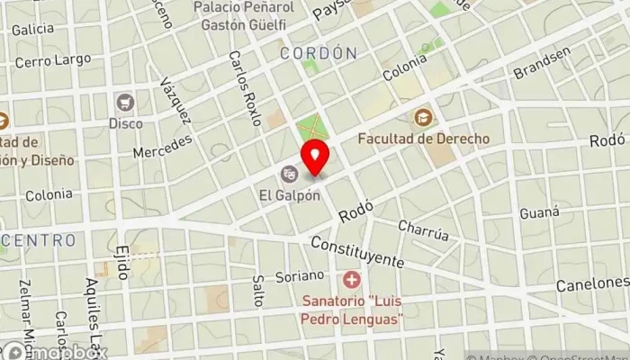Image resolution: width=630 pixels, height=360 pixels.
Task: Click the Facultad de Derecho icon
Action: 423,117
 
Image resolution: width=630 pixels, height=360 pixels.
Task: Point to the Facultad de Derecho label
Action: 423,139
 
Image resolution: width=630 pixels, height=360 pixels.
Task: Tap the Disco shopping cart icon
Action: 125,101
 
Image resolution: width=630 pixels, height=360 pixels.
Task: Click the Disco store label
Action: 125,122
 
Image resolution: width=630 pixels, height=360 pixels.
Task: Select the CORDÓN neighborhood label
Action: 319,54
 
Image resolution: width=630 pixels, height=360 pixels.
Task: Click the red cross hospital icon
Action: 351,280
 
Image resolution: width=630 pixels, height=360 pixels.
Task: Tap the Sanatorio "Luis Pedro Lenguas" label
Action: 351,311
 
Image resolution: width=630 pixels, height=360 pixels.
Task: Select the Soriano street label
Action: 304,275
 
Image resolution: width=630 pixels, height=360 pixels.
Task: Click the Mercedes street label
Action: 163,147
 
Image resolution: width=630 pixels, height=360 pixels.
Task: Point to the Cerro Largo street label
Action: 53,60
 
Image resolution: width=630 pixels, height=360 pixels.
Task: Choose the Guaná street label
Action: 540,212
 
